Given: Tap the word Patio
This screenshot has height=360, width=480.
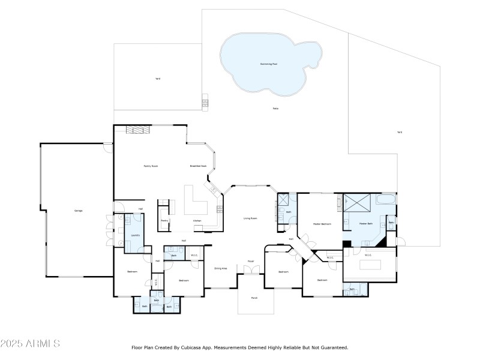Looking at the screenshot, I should (275, 109).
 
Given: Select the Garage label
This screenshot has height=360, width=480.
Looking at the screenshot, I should (78, 211).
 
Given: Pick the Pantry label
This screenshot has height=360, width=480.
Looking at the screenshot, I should (164, 221).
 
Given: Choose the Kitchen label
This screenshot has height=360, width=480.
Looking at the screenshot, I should (197, 221).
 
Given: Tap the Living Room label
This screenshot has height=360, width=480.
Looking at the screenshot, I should (250, 218).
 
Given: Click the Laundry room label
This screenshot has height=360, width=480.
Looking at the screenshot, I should (135, 235).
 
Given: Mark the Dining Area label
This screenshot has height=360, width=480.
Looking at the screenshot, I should (220, 268).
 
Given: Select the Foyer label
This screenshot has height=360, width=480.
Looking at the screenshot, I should (251, 262).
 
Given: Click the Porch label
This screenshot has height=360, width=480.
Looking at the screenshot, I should (254, 298).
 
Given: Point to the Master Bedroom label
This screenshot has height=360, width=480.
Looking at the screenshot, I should (322, 224).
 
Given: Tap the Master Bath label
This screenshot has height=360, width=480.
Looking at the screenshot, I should (366, 224).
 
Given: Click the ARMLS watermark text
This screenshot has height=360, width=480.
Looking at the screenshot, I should (30, 344).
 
